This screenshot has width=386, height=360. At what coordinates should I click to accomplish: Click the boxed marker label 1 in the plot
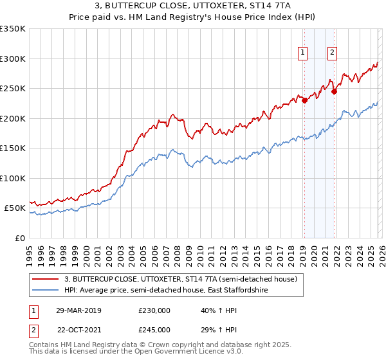click(x=302, y=53)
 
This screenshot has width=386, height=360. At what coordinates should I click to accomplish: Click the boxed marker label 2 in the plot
click(x=332, y=53)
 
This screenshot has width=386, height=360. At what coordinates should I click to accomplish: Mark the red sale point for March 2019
click(x=304, y=100)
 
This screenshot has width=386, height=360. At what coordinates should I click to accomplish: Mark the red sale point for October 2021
click(x=334, y=91)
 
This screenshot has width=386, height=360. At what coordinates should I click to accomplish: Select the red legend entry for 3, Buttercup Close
click(x=180, y=279)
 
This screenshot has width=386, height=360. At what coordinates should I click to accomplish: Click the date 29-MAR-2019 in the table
click(x=78, y=310)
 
